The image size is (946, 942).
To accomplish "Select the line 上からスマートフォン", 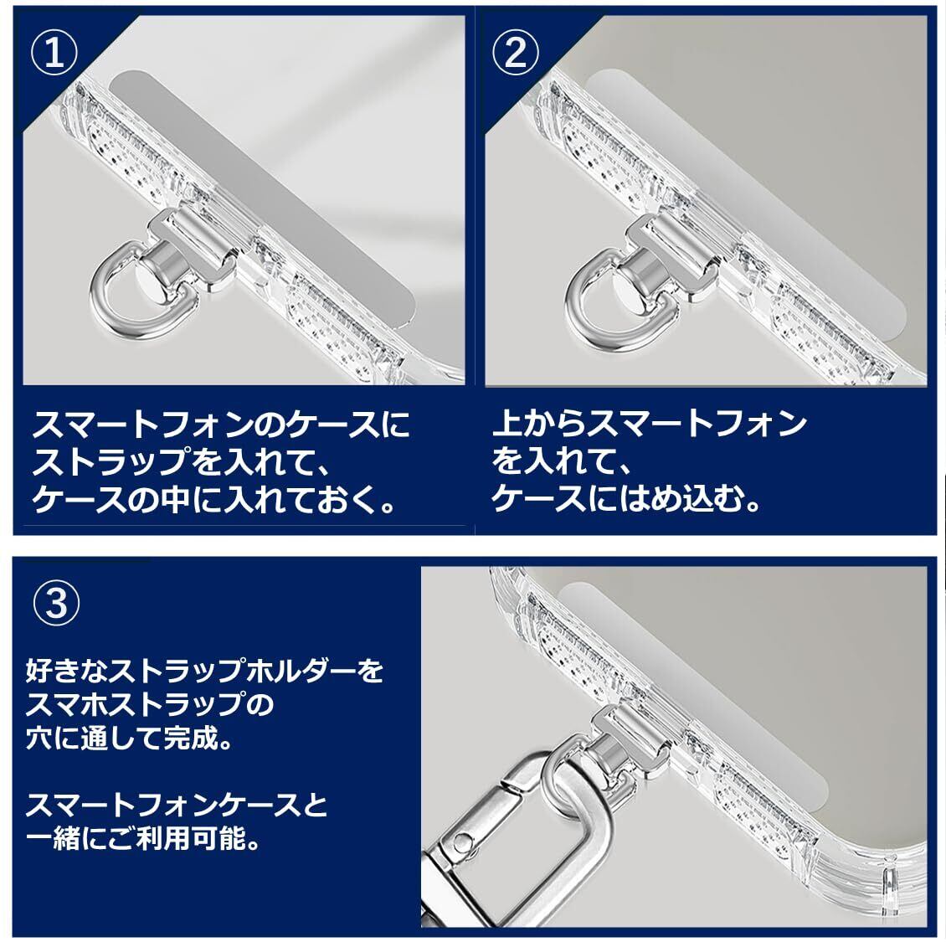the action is tap(649, 424).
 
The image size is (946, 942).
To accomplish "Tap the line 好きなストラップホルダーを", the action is tap(204, 671).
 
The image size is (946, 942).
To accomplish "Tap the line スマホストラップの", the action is tap(151, 705).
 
